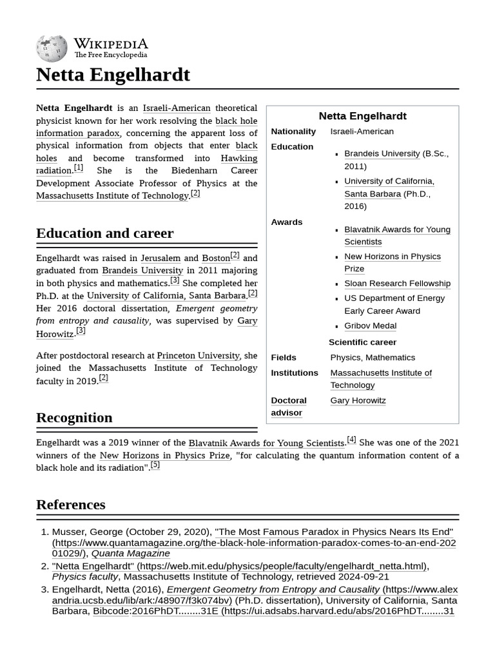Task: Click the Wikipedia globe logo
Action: [52, 48]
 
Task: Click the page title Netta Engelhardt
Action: [113, 75]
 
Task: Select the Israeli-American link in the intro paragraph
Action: [176, 108]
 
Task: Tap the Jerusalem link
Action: [160, 258]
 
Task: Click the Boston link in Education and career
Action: [215, 258]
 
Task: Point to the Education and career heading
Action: [104, 233]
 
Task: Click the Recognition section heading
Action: [74, 417]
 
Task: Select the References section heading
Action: [70, 504]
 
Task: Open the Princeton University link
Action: [198, 355]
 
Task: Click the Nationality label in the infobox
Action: [293, 131]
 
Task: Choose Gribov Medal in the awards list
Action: [370, 325]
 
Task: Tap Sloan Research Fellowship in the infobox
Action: [397, 283]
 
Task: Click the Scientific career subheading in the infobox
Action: [362, 342]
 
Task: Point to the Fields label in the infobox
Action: [284, 357]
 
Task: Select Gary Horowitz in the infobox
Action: [358, 400]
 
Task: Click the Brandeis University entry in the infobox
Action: [382, 153]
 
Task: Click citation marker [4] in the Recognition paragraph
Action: [351, 440]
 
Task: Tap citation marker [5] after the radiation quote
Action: [155, 465]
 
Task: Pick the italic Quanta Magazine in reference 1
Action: [130, 553]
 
